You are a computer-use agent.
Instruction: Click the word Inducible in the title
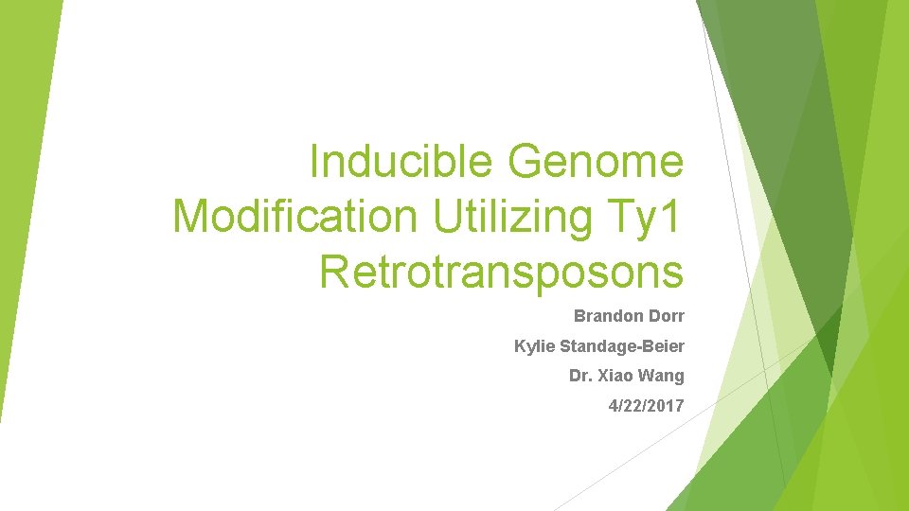point(403,162)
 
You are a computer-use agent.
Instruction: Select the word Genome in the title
point(596,162)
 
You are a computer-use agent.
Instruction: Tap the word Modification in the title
point(294,217)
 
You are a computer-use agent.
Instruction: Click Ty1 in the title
point(651,217)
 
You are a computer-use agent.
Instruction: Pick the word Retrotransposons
point(501,271)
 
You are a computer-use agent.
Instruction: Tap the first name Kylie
point(531,346)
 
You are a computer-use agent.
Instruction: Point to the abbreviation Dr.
point(579,376)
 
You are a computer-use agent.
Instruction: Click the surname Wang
point(663,376)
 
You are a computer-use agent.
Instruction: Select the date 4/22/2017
point(646,406)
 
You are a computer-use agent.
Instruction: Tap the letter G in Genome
point(525,162)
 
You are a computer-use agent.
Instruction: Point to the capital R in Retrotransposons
point(334,271)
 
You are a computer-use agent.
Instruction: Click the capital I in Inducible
point(315,162)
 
